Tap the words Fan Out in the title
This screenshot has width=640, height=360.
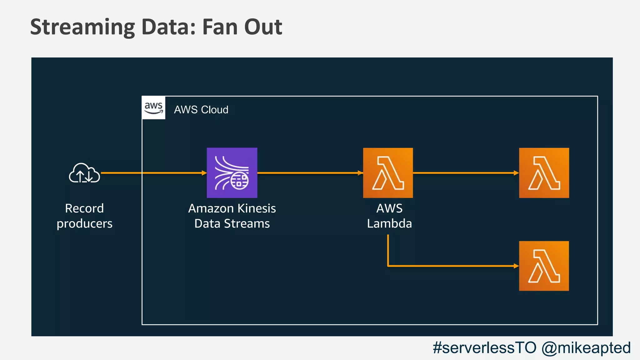[x=242, y=27]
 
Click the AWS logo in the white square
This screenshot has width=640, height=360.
[x=153, y=108]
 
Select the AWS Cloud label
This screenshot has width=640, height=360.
[x=201, y=110]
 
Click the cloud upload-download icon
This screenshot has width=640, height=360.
[x=84, y=173]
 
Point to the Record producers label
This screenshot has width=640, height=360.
[x=84, y=216]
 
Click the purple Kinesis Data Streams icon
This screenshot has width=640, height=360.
[x=232, y=173]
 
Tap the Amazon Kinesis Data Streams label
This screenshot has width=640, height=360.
[x=232, y=216]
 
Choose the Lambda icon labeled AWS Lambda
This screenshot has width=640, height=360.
[x=388, y=173]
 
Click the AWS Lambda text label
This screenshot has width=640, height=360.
[x=389, y=216]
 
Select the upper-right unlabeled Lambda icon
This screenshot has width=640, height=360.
[x=544, y=173]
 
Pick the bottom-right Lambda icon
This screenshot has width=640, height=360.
[x=544, y=266]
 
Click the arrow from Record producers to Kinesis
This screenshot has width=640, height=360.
[x=153, y=173]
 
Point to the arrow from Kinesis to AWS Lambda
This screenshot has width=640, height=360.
[x=309, y=173]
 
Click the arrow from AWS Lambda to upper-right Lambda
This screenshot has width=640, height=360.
[x=466, y=173]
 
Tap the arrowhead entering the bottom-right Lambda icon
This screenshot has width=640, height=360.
[x=516, y=266]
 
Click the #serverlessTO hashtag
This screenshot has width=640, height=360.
[x=484, y=347]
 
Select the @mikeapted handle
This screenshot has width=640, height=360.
[x=586, y=347]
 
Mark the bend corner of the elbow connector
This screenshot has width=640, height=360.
[x=388, y=266]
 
